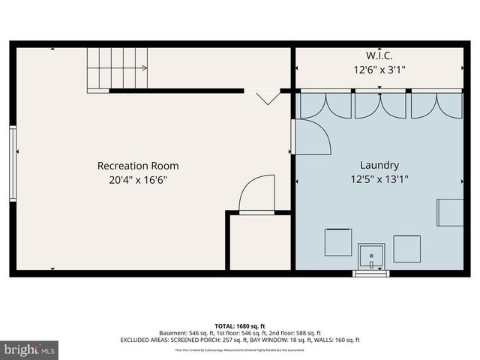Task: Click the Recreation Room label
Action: click(138, 166)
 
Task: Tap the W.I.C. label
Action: click(379, 55)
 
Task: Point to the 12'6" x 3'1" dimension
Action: click(379, 69)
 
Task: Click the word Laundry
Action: click(379, 166)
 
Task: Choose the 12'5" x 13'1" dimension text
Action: click(379, 179)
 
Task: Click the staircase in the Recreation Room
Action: click(117, 68)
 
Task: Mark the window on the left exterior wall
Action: click(13, 163)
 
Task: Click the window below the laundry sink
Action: click(371, 274)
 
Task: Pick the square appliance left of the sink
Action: click(337, 242)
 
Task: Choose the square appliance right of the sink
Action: click(407, 248)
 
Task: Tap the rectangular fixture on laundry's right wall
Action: click(451, 211)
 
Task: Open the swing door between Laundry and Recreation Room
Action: click(311, 136)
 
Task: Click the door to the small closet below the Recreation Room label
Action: click(257, 196)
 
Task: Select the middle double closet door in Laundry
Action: click(379, 105)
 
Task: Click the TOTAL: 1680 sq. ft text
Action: click(239, 325)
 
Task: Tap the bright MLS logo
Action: click(30, 349)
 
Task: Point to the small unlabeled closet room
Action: click(259, 241)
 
